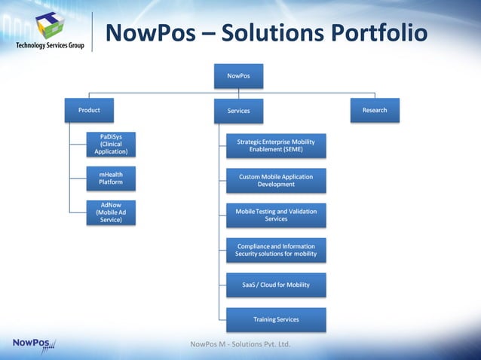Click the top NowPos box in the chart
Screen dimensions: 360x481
pos(239,76)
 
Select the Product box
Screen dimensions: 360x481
pos(89,110)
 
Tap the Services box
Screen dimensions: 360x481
pos(239,111)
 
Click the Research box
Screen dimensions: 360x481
pos(375,110)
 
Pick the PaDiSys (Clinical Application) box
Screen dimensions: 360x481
pos(111,144)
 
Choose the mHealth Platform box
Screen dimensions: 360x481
pos(111,178)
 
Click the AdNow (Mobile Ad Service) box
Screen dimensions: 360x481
pos(111,212)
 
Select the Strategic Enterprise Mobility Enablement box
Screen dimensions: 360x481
pos(276,146)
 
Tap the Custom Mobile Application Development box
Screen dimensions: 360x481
pos(276,181)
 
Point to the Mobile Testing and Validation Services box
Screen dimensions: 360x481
pos(276,215)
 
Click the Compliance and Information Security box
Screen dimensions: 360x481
pos(276,250)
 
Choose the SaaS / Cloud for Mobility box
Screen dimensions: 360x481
pos(276,285)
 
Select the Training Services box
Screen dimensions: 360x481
pos(276,319)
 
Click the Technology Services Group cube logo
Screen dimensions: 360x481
pos(50,23)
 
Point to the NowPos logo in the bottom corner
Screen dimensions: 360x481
pos(34,344)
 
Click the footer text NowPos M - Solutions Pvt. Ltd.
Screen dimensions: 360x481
pos(240,345)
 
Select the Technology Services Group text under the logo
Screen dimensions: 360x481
pos(50,46)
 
